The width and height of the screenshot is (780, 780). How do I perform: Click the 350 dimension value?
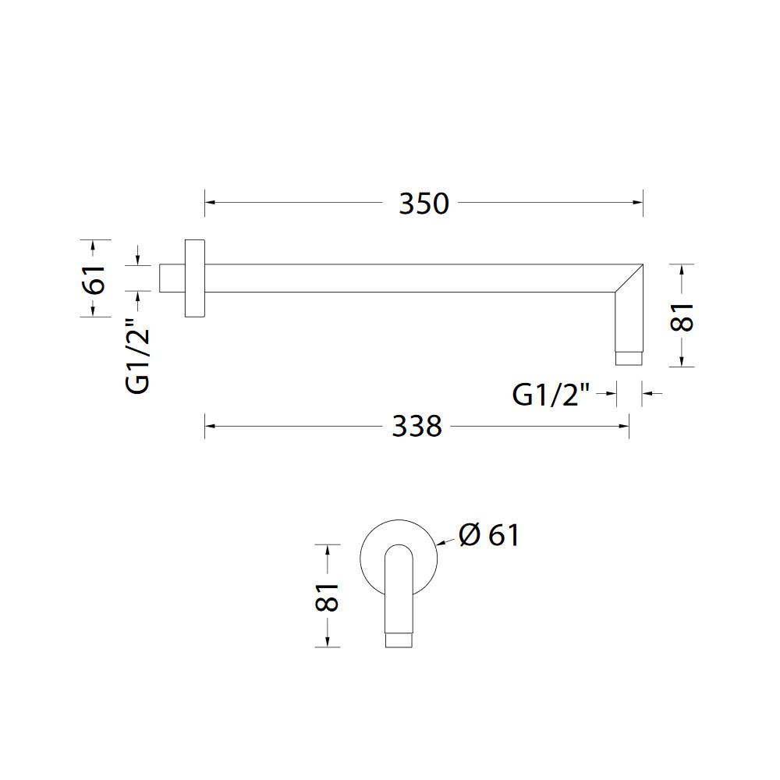424,204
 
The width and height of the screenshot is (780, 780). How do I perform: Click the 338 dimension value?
417,427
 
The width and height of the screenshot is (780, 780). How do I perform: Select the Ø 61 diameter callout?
488,535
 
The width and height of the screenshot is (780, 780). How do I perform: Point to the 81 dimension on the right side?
682,317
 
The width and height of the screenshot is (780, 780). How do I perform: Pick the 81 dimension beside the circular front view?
327,597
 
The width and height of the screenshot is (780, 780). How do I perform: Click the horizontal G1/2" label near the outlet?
551,395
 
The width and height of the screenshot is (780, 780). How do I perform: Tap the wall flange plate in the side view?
194,278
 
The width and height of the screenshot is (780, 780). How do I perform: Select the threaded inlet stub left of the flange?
172,278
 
